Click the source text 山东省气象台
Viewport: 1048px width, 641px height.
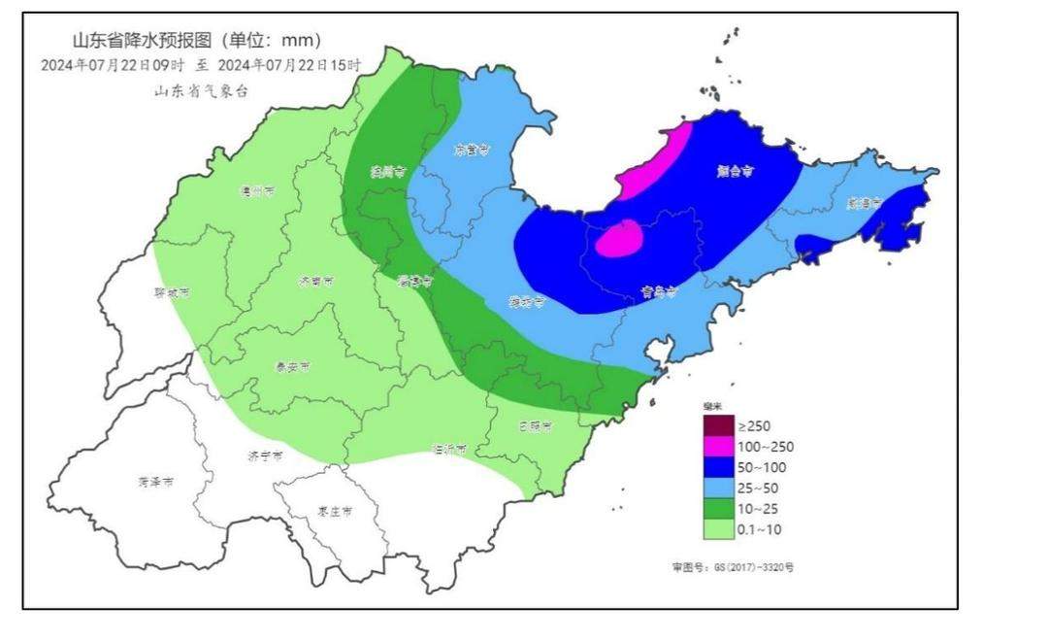201,90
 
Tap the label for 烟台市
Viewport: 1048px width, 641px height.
736,171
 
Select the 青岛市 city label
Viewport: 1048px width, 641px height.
657,290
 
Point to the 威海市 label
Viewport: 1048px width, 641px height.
863,204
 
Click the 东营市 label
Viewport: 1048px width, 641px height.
473,151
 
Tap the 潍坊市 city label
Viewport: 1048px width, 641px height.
527,302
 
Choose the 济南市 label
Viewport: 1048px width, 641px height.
316,281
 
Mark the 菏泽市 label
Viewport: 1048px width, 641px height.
155,482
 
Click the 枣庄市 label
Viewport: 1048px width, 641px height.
335,511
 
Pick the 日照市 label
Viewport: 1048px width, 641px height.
535,426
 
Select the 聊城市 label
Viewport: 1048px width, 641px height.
172,292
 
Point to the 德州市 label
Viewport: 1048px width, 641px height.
257,191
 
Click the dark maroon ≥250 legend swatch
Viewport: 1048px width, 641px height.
719,425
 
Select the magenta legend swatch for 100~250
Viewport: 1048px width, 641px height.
719,447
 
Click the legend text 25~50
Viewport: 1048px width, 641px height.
758,488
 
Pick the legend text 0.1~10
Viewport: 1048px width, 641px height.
760,529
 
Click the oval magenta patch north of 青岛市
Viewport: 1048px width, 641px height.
619,238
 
